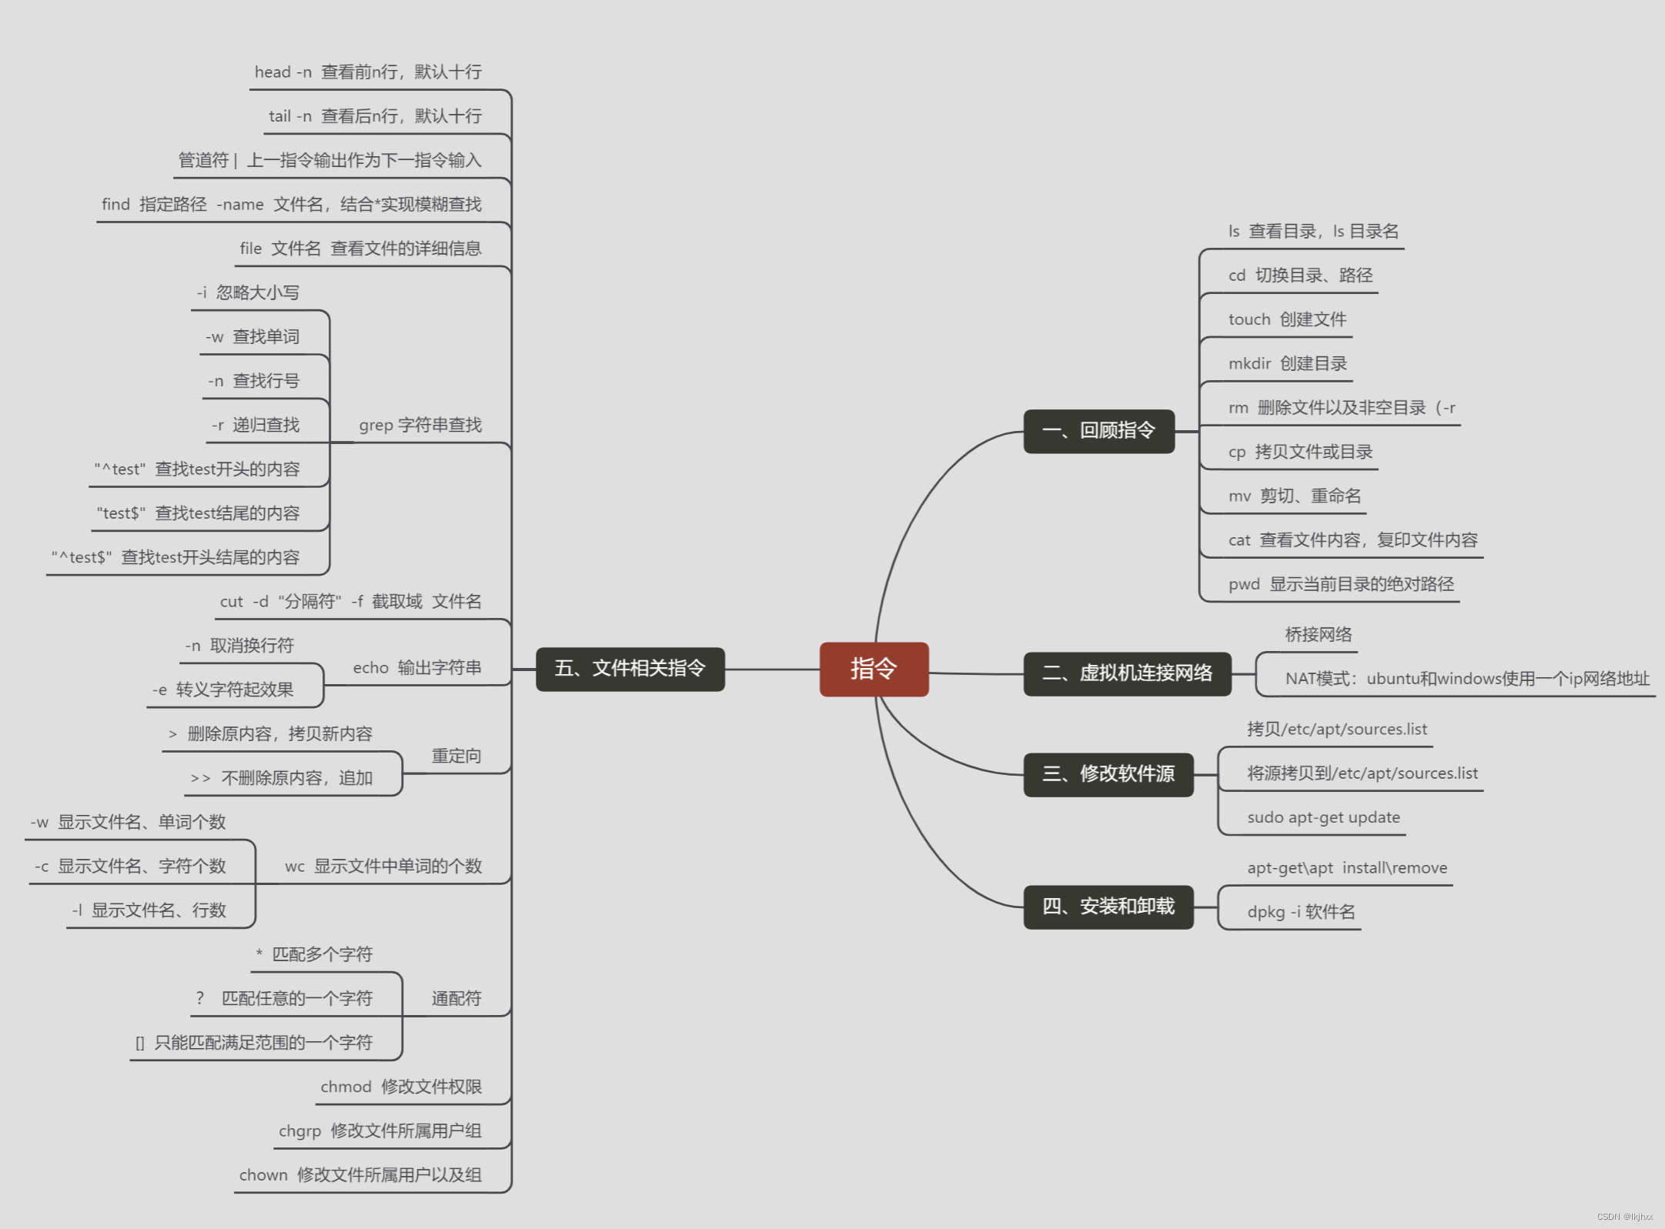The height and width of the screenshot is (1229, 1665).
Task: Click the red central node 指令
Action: [874, 669]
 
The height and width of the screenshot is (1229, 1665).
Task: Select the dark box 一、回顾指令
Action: [1098, 431]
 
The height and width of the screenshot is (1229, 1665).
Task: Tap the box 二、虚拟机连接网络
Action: [1127, 673]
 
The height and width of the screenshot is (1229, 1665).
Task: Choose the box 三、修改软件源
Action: [1108, 774]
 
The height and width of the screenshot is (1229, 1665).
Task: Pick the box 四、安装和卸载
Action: [1108, 907]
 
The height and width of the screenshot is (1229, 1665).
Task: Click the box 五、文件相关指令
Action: [630, 669]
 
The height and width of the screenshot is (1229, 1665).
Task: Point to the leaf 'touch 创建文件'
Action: [1287, 319]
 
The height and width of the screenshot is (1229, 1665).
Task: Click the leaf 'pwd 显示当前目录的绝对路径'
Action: [1341, 584]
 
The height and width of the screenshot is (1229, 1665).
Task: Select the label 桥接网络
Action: [1318, 635]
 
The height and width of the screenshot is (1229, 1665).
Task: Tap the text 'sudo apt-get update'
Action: [1323, 817]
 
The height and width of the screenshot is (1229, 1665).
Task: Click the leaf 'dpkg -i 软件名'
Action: [1301, 912]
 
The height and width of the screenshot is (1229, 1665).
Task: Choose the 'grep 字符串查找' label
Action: [420, 425]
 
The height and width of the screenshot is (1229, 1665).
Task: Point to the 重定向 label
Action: [456, 756]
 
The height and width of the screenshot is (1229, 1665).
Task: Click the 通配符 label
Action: [456, 999]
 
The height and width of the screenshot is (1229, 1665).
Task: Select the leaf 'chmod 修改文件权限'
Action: [401, 1087]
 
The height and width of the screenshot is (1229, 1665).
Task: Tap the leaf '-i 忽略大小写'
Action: [248, 292]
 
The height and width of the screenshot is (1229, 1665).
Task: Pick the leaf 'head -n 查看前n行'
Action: [368, 72]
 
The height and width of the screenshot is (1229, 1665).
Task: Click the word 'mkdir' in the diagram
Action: [1249, 363]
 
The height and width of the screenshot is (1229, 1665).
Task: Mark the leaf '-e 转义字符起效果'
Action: [223, 690]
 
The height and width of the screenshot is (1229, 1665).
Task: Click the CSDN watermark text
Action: [1624, 1217]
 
